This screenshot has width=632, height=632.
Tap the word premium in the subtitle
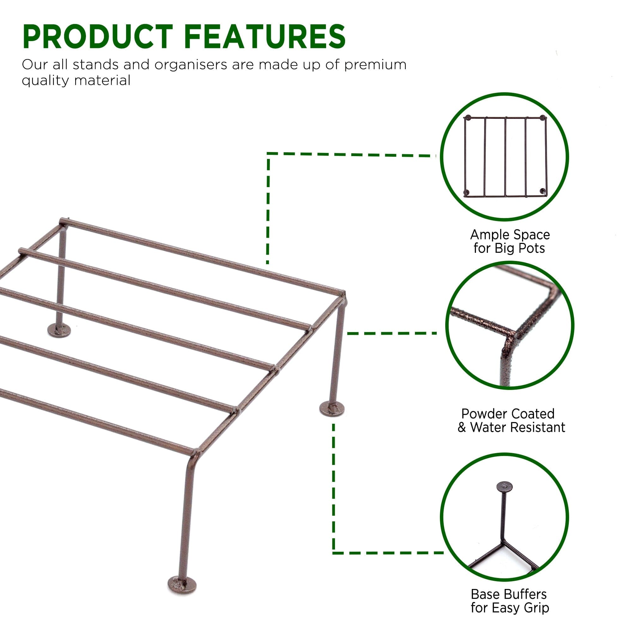click(375, 65)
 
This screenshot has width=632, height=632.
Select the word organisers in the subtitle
click(191, 65)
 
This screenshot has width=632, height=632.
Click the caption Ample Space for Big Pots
click(510, 241)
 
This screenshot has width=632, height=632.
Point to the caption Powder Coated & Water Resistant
click(511, 421)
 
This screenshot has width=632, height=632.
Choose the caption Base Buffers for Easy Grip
click(509, 601)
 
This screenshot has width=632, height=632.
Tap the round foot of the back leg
click(59, 330)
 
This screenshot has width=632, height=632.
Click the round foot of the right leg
click(332, 409)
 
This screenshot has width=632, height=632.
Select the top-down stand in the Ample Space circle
click(505, 156)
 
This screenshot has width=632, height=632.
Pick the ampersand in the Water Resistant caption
click(462, 428)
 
